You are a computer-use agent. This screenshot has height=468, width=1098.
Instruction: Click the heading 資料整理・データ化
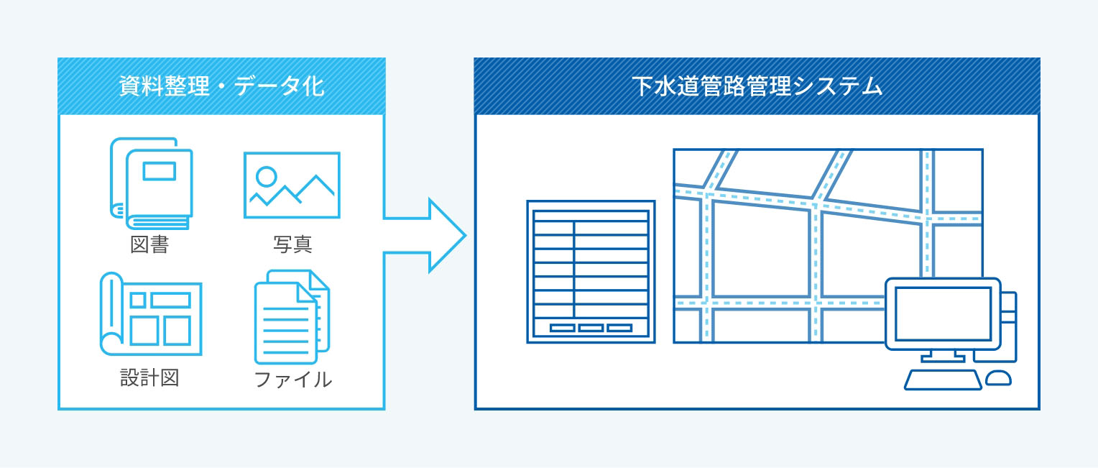tap(221, 87)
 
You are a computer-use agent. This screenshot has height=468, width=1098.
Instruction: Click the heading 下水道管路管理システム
tap(757, 87)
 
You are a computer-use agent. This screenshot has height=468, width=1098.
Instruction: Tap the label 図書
tap(149, 244)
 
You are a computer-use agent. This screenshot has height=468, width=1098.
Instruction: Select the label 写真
tap(292, 244)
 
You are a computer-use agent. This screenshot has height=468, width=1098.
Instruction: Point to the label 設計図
tap(149, 378)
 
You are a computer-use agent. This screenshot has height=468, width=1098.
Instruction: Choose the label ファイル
tap(292, 379)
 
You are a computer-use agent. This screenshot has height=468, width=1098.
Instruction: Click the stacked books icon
tap(152, 183)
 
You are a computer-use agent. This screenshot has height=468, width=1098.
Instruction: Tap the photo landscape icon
tap(292, 185)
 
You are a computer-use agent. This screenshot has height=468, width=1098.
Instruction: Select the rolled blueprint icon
tap(151, 314)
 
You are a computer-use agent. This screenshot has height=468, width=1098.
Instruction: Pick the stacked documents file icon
tap(291, 317)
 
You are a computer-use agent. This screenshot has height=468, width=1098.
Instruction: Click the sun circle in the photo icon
tap(267, 175)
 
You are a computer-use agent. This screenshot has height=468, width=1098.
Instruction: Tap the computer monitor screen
tap(942, 313)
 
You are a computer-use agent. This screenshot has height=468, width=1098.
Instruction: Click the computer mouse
tap(998, 377)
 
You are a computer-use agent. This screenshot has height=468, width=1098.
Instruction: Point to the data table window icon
tap(591, 271)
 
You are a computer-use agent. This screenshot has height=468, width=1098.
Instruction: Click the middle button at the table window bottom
tap(591, 328)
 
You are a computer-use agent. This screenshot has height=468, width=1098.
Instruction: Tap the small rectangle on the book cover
tap(159, 170)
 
